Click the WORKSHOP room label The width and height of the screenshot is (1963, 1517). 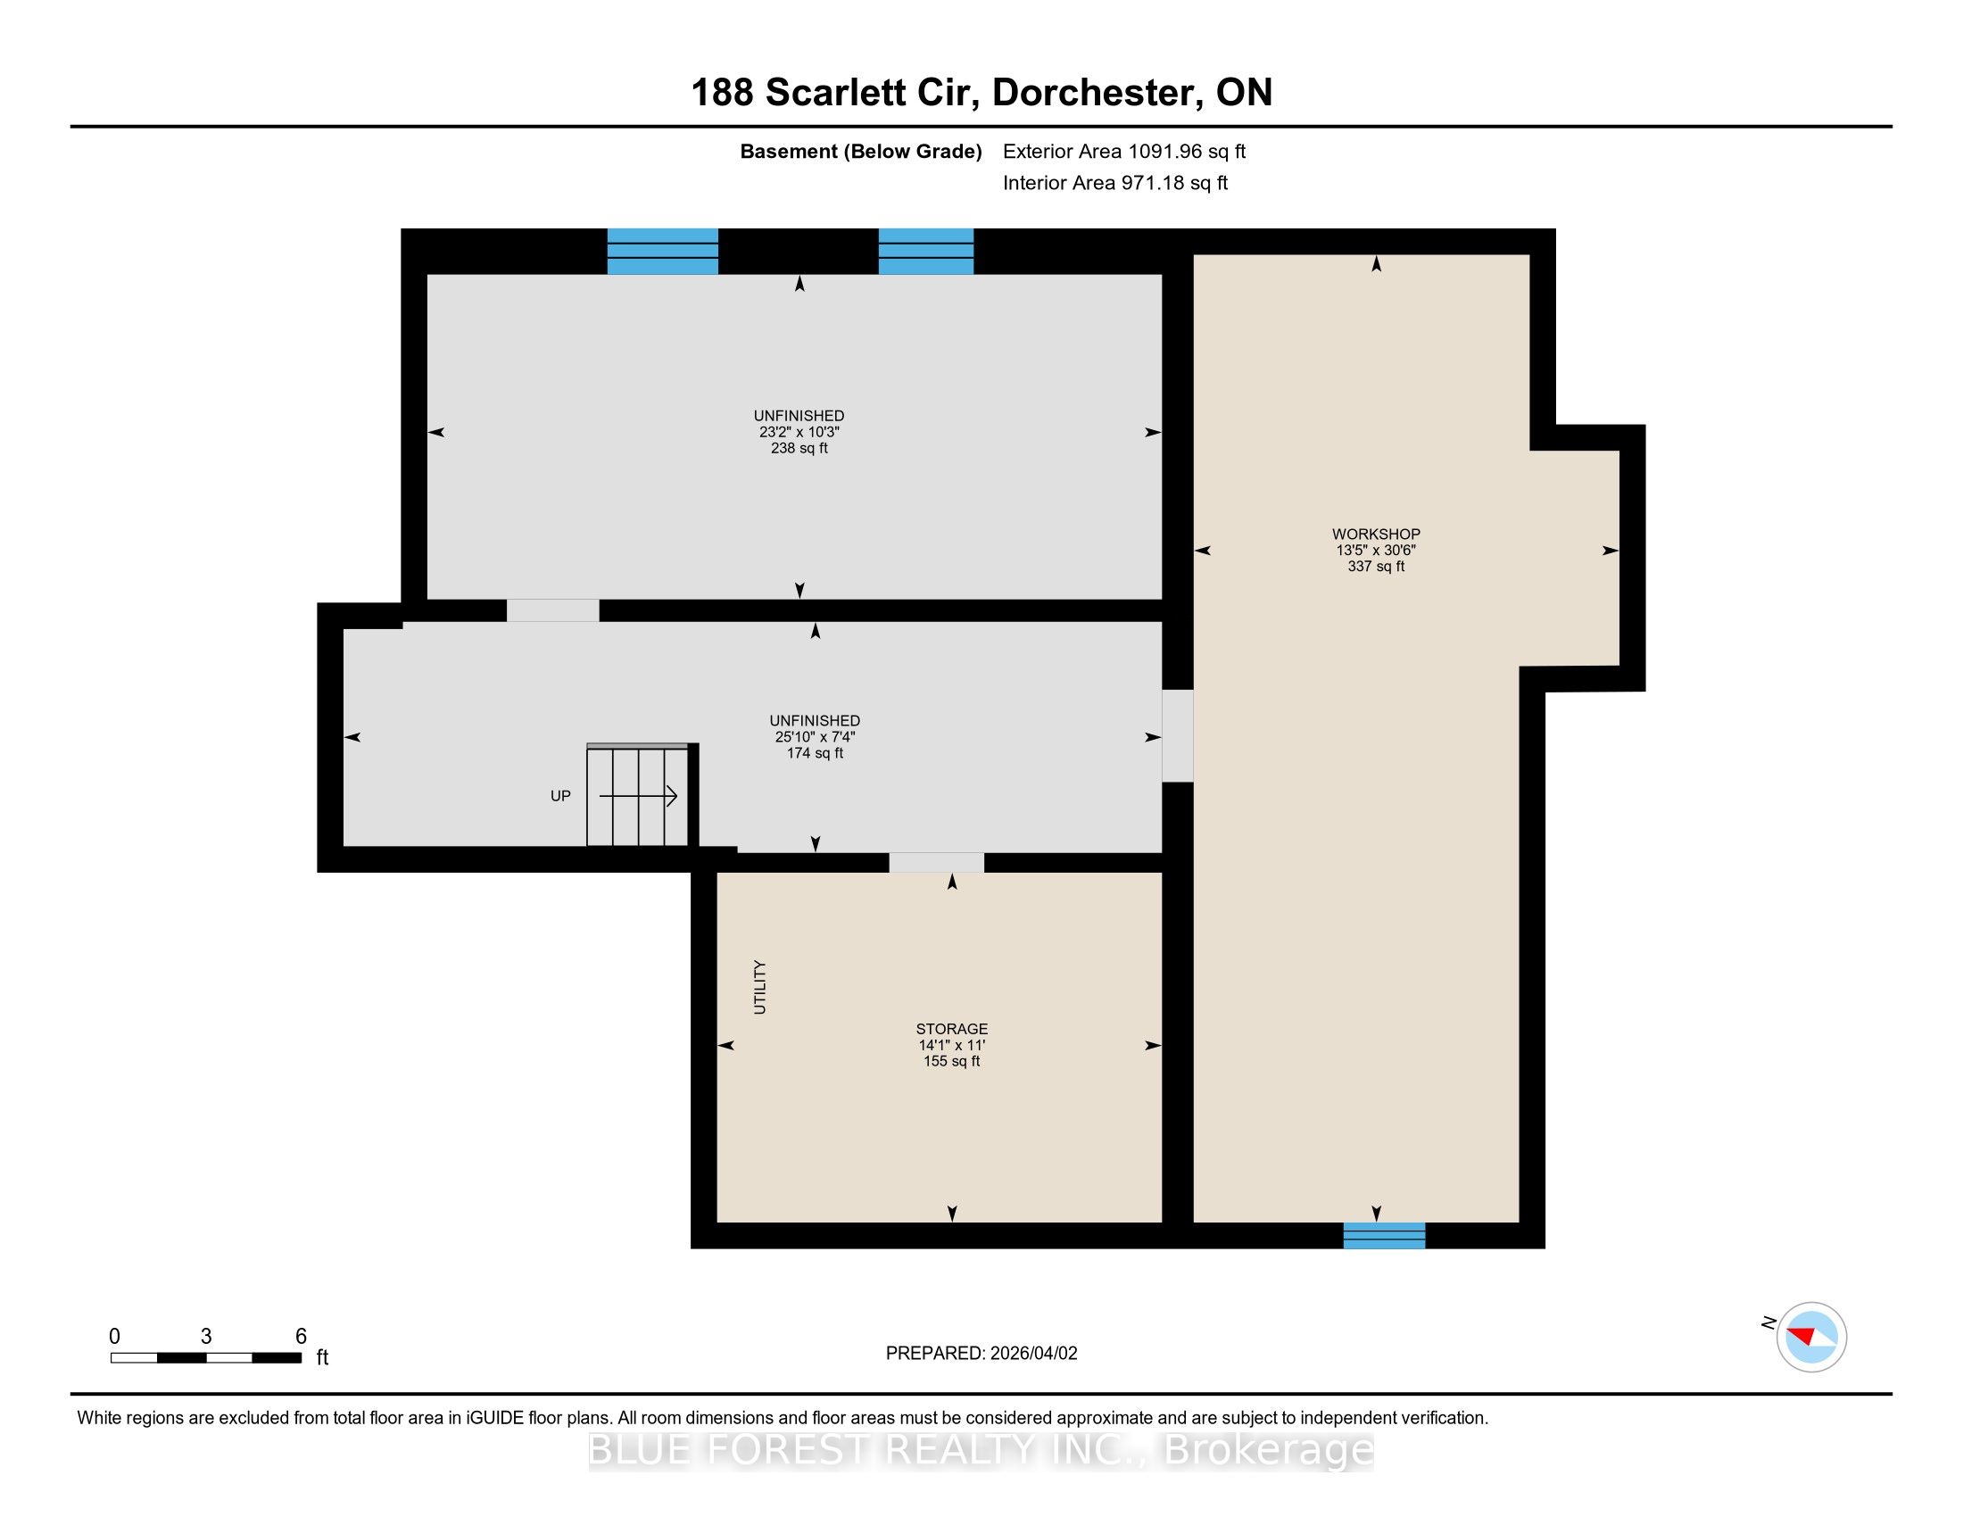coord(1376,534)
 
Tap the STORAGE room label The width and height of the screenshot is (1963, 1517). coord(952,1029)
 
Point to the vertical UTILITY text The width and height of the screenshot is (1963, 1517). coord(759,987)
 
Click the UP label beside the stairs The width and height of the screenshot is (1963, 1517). coord(560,795)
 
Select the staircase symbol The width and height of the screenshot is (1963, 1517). coord(638,794)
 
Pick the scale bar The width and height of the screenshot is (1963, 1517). coord(206,1357)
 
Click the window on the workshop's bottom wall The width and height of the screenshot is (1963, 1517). coord(1384,1235)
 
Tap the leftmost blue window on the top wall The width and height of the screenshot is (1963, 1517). coord(662,251)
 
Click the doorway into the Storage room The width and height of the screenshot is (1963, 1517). coord(937,862)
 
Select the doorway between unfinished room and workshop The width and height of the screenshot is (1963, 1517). coord(1178,735)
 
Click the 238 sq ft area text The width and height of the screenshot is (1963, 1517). coord(799,449)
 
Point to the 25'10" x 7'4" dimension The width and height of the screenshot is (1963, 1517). coord(816,737)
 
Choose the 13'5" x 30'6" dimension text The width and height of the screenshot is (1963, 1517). coord(1376,550)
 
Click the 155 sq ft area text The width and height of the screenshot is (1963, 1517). coord(952,1061)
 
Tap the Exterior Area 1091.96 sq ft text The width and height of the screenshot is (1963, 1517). coord(1124,151)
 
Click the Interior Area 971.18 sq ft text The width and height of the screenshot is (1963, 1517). coord(1115,182)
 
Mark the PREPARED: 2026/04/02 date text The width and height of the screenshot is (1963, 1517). coord(981,1354)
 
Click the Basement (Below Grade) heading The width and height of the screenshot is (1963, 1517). coord(861,152)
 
